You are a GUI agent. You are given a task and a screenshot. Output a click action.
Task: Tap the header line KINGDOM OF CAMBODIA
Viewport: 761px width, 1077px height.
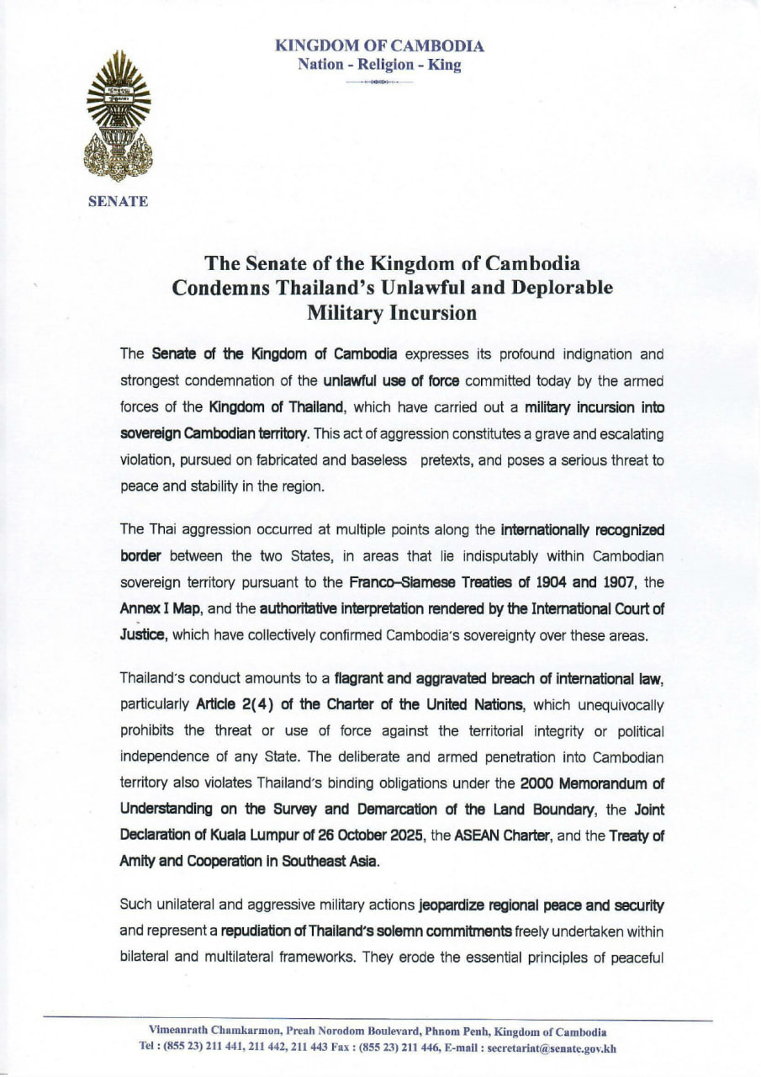(x=379, y=46)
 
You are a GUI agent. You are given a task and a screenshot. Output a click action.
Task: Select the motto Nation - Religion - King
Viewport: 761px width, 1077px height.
(x=379, y=65)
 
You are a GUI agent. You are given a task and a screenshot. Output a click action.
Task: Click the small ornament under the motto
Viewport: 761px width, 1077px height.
(x=379, y=82)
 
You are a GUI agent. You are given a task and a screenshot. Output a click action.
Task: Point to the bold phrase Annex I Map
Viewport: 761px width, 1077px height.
(x=161, y=603)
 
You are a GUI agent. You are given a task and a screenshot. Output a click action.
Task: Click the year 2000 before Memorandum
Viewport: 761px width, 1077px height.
(x=536, y=784)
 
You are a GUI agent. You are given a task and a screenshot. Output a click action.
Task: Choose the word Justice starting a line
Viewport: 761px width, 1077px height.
(x=144, y=637)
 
